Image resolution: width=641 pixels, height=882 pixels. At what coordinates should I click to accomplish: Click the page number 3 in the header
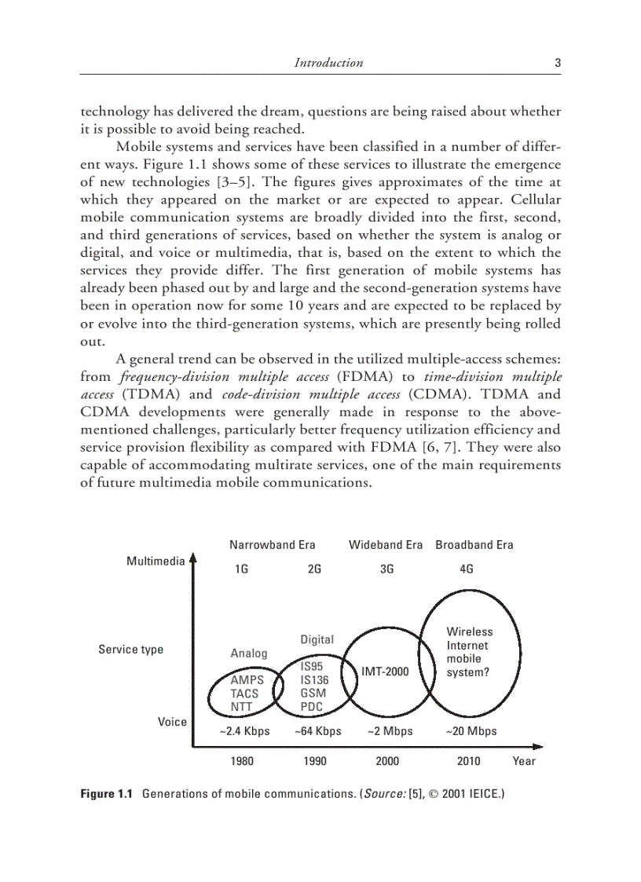[557, 63]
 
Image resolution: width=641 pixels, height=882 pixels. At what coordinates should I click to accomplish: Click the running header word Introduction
[328, 63]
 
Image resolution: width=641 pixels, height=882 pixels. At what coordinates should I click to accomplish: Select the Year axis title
[524, 761]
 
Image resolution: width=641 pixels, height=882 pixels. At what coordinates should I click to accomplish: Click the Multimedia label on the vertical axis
[156, 562]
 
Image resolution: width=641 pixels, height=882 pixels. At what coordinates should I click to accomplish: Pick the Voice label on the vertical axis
[172, 722]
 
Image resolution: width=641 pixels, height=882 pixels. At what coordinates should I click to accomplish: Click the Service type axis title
[130, 650]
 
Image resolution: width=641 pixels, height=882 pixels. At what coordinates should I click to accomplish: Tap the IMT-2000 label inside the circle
[385, 672]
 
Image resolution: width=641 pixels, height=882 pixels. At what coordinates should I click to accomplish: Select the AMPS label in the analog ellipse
[247, 680]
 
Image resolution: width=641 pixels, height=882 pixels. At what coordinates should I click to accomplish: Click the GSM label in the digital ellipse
[313, 694]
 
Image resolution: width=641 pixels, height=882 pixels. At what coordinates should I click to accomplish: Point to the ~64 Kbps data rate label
[317, 731]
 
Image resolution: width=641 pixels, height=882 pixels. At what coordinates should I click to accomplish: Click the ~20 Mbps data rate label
[471, 731]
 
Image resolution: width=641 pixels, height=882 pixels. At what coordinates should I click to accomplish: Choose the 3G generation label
[386, 570]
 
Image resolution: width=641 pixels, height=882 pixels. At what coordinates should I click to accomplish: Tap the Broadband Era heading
[474, 545]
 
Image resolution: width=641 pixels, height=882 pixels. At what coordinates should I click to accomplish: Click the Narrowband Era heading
[272, 545]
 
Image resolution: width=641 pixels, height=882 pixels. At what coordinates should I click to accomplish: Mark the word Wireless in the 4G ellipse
[469, 631]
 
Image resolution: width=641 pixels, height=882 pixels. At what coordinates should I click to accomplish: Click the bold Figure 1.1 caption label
[107, 794]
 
